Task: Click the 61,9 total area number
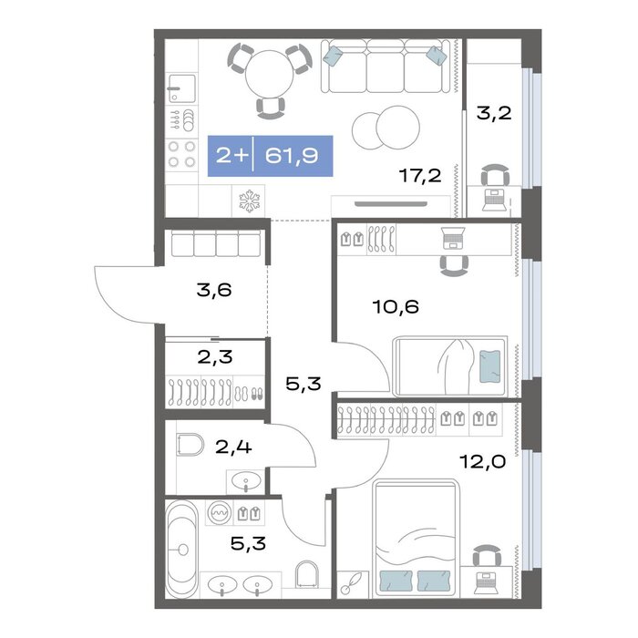click(x=292, y=156)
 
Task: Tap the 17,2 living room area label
click(x=420, y=176)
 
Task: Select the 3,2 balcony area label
click(x=494, y=113)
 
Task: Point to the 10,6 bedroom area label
click(x=396, y=306)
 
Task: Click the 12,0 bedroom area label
click(x=482, y=461)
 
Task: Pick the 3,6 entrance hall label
click(x=214, y=290)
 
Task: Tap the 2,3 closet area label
click(x=215, y=357)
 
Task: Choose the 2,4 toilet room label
click(x=233, y=448)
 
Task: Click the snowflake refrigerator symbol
click(x=249, y=201)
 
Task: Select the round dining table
click(x=270, y=74)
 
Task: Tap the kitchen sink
click(x=181, y=88)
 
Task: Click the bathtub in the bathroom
click(x=182, y=550)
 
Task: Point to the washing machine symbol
click(x=219, y=512)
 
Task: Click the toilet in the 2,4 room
click(x=190, y=445)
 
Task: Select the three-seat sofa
click(x=386, y=66)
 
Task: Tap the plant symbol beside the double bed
click(x=353, y=584)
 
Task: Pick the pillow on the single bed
click(x=490, y=366)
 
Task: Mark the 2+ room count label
click(x=232, y=156)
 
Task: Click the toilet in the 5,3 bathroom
click(x=306, y=574)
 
